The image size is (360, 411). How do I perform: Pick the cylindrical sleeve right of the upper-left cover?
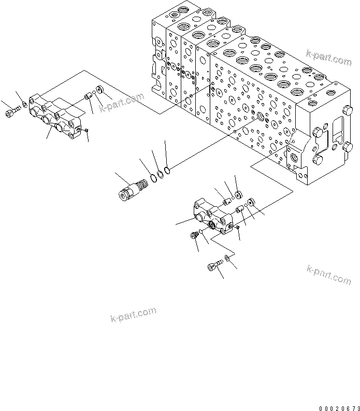89,95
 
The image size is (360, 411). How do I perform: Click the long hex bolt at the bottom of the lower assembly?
214,267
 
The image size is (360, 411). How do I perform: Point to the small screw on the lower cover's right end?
237,226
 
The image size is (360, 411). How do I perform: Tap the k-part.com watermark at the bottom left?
133,315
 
